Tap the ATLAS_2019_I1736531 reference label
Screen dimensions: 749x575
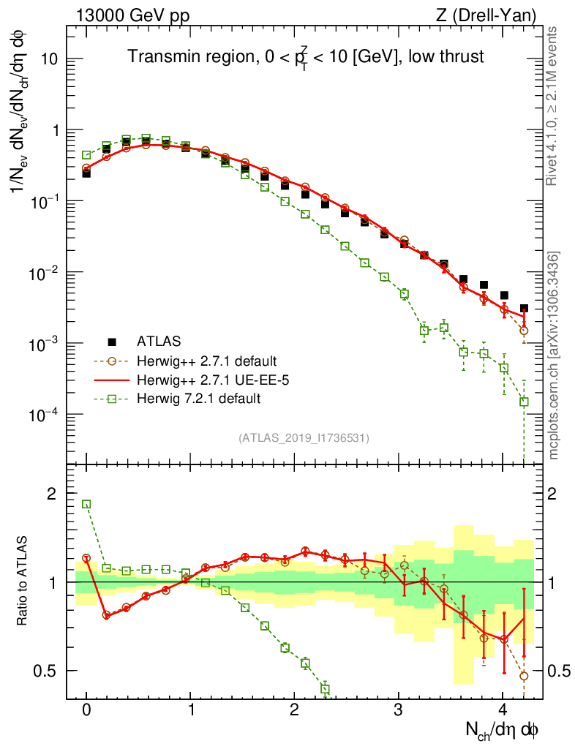coord(304,438)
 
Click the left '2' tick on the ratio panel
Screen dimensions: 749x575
coord(52,494)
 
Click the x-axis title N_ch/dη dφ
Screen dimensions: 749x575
coord(503,729)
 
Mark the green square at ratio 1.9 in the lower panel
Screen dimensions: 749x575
coord(86,504)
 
